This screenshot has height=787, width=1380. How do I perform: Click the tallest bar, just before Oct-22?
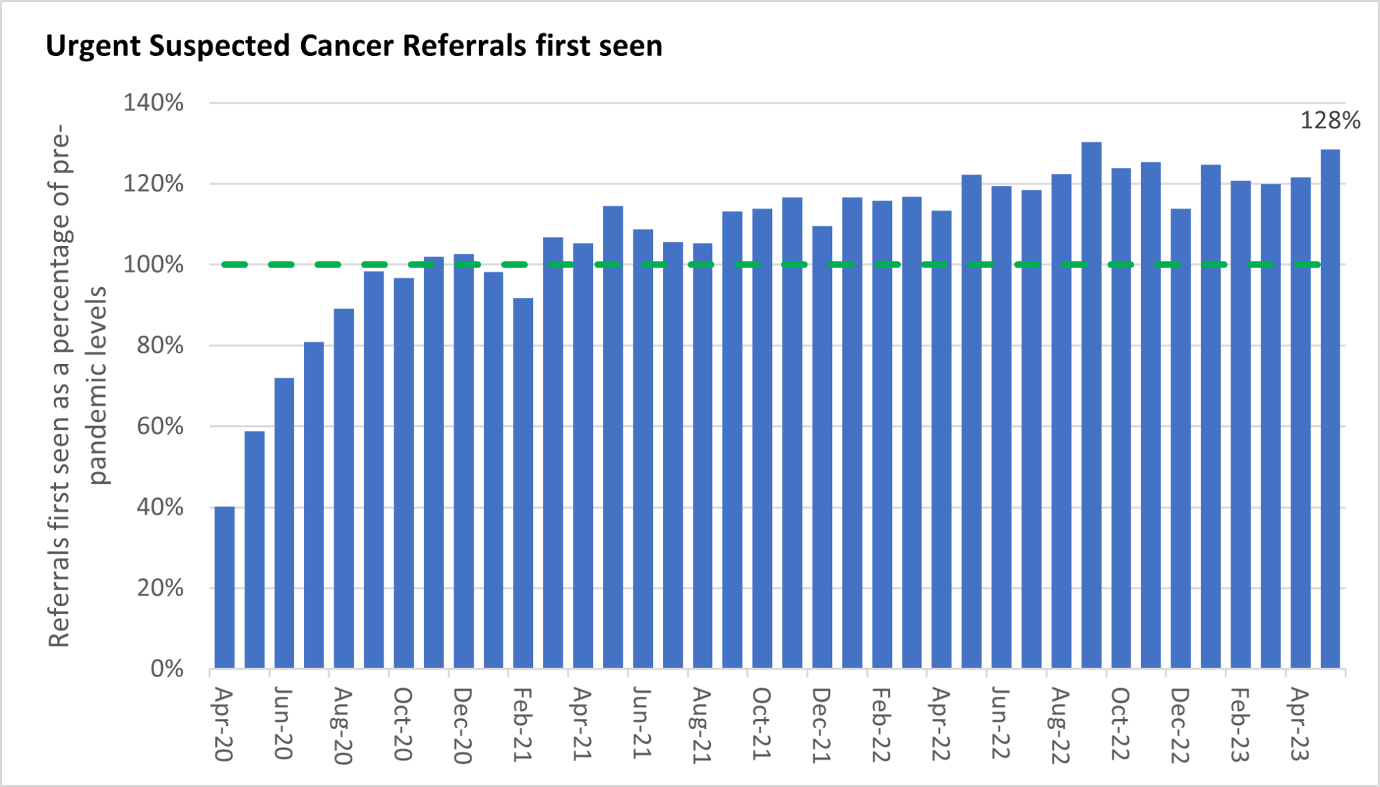point(1091,405)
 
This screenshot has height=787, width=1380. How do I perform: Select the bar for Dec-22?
point(1181,439)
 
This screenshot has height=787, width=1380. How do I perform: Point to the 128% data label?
point(1329,121)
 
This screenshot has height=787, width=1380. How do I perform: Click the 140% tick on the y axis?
point(153,103)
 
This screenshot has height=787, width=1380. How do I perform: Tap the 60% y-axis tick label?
point(160,427)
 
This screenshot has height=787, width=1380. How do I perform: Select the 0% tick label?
point(166,669)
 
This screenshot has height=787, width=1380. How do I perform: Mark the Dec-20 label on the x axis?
point(462,726)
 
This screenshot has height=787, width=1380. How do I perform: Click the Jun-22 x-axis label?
point(1001,724)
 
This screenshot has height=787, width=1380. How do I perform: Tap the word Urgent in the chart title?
point(93,46)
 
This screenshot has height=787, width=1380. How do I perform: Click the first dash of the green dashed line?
point(234,265)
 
